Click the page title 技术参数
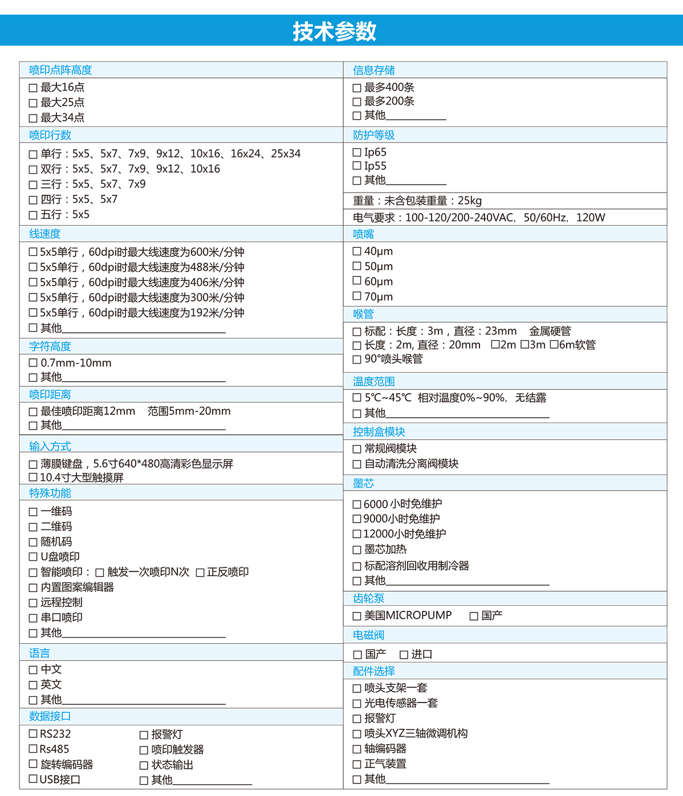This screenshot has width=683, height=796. (335, 31)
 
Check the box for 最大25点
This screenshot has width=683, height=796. (33, 103)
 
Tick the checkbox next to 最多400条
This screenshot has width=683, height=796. (357, 88)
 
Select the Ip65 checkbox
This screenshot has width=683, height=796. (357, 153)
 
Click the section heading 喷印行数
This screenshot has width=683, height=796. (50, 135)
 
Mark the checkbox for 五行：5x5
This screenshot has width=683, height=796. (33, 215)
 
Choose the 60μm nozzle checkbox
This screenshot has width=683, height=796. (357, 281)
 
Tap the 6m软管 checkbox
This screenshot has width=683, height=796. (554, 345)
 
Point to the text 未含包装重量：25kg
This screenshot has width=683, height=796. (433, 201)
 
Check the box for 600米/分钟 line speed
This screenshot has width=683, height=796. (33, 252)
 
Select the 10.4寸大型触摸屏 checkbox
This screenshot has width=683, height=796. (33, 477)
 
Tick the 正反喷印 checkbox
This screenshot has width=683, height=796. (200, 573)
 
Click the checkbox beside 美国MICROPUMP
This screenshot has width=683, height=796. (357, 616)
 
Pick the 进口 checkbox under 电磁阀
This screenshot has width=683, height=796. (404, 655)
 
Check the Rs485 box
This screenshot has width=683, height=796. (33, 749)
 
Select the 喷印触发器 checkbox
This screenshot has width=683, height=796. (144, 750)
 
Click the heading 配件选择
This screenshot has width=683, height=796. (374, 671)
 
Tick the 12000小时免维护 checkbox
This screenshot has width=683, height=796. (357, 534)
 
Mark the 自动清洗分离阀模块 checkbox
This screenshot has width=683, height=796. (357, 464)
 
